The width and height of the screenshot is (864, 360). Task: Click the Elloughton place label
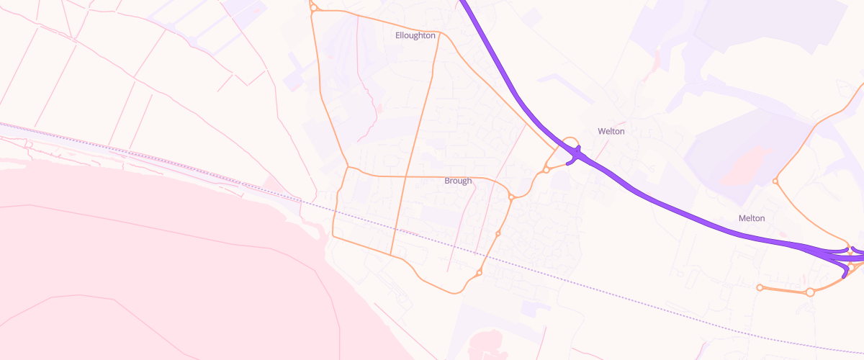pyautogui.click(x=415, y=35)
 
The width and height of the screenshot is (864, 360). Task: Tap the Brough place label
pyautogui.click(x=458, y=181)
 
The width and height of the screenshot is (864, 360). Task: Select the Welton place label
pyautogui.click(x=611, y=131)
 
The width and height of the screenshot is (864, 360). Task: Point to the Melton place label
pyautogui.click(x=751, y=217)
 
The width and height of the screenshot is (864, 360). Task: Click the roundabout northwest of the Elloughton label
pyautogui.click(x=313, y=9)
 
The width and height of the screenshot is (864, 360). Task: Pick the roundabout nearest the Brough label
pyautogui.click(x=511, y=197)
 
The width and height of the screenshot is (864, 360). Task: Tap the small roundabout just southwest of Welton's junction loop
pyautogui.click(x=546, y=170)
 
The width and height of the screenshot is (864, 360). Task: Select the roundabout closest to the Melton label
pyautogui.click(x=775, y=181)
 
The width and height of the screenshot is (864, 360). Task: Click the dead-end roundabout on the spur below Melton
pyautogui.click(x=760, y=287)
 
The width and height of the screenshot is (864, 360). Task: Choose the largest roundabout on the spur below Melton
pyautogui.click(x=810, y=292)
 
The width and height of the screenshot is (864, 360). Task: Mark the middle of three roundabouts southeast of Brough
pyautogui.click(x=498, y=233)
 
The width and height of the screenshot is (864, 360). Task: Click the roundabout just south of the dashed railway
pyautogui.click(x=480, y=272)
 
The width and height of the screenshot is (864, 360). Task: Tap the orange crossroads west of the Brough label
pyautogui.click(x=405, y=176)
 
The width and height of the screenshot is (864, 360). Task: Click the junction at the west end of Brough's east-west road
pyautogui.click(x=348, y=168)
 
